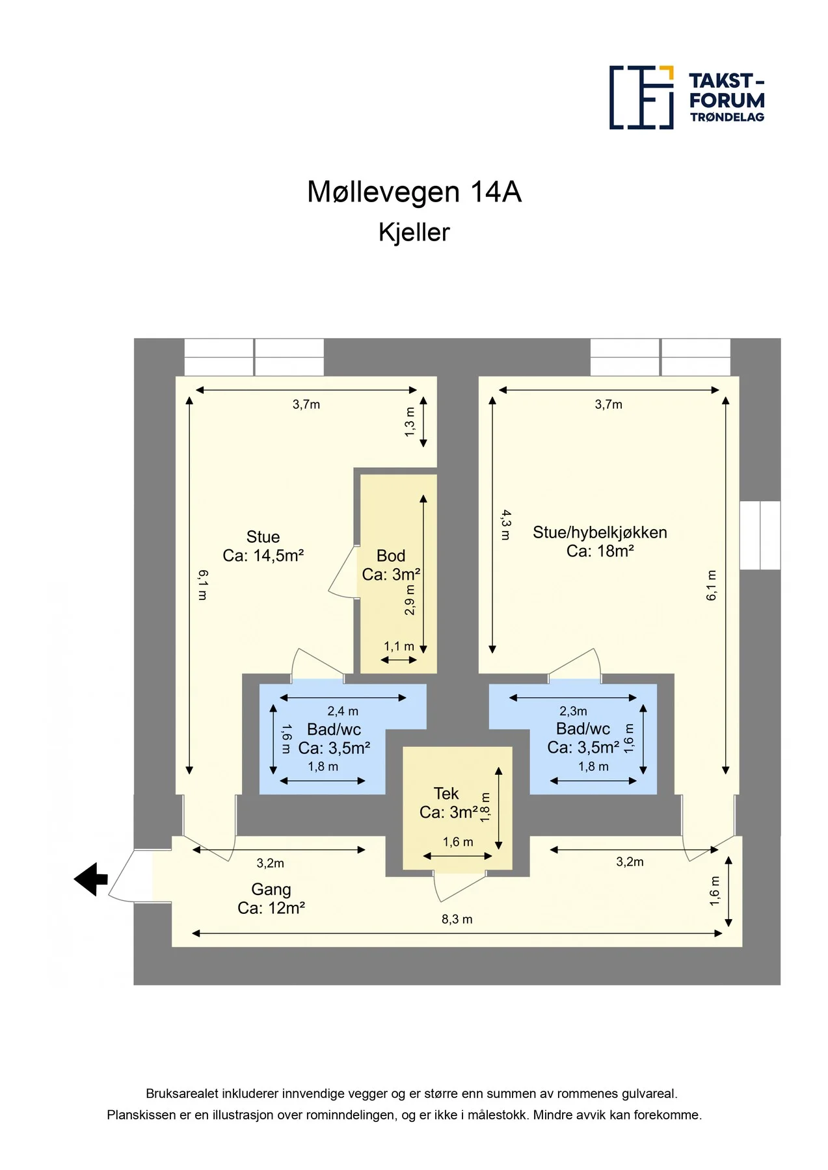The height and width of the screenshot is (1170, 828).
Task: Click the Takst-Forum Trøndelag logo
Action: [687, 97]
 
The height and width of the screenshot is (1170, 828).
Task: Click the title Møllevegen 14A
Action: [414, 192]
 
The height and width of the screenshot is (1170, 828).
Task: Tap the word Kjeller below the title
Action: [414, 233]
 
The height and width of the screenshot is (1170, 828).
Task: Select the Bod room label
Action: [391, 556]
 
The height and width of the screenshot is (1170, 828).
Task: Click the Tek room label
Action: [446, 794]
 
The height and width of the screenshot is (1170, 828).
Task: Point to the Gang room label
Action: [271, 890]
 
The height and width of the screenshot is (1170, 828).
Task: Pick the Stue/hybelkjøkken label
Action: [600, 533]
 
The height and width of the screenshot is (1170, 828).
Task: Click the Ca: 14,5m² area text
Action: [263, 556]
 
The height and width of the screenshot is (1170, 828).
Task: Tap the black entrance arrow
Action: [90, 879]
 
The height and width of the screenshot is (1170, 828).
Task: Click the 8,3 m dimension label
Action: [457, 919]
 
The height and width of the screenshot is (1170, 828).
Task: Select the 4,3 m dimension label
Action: [506, 525]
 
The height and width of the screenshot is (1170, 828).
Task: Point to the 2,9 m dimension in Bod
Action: [410, 600]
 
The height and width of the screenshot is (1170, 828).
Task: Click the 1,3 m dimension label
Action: [410, 422]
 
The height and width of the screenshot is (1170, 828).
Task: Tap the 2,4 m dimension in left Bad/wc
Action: [343, 711]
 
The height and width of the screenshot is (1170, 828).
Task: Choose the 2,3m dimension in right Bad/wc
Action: [573, 711]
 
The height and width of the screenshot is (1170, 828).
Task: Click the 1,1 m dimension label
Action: [399, 647]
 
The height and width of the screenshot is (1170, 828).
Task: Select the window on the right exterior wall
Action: [760, 535]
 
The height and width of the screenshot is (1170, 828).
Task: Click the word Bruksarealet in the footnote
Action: [182, 1094]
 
